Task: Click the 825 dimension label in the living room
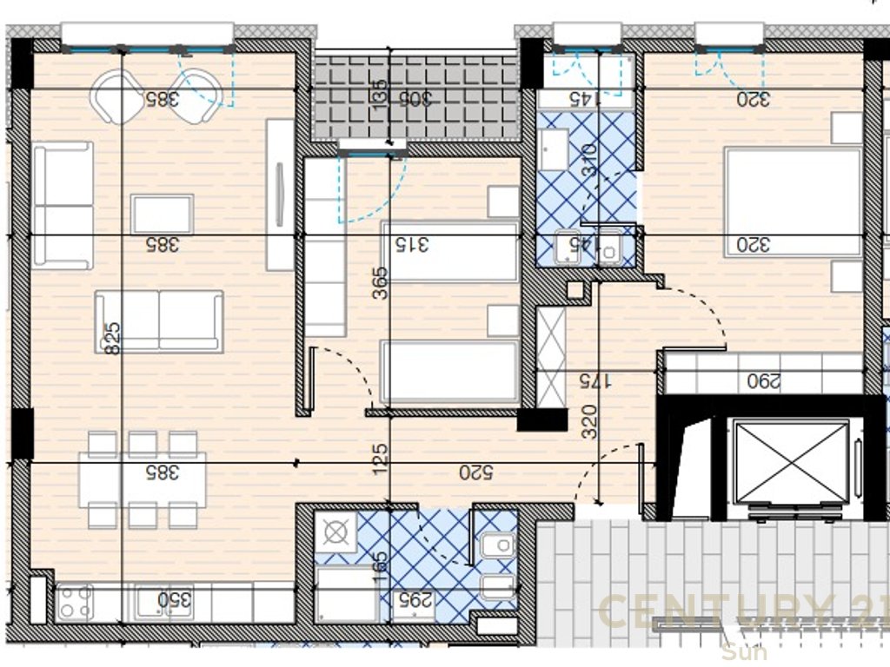tap(110, 339)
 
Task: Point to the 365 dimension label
tap(380, 283)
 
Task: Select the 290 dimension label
tap(764, 380)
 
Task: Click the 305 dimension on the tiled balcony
tap(415, 98)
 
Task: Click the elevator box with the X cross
tap(791, 463)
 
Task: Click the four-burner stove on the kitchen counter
tap(75, 602)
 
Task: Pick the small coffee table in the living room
tap(162, 214)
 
